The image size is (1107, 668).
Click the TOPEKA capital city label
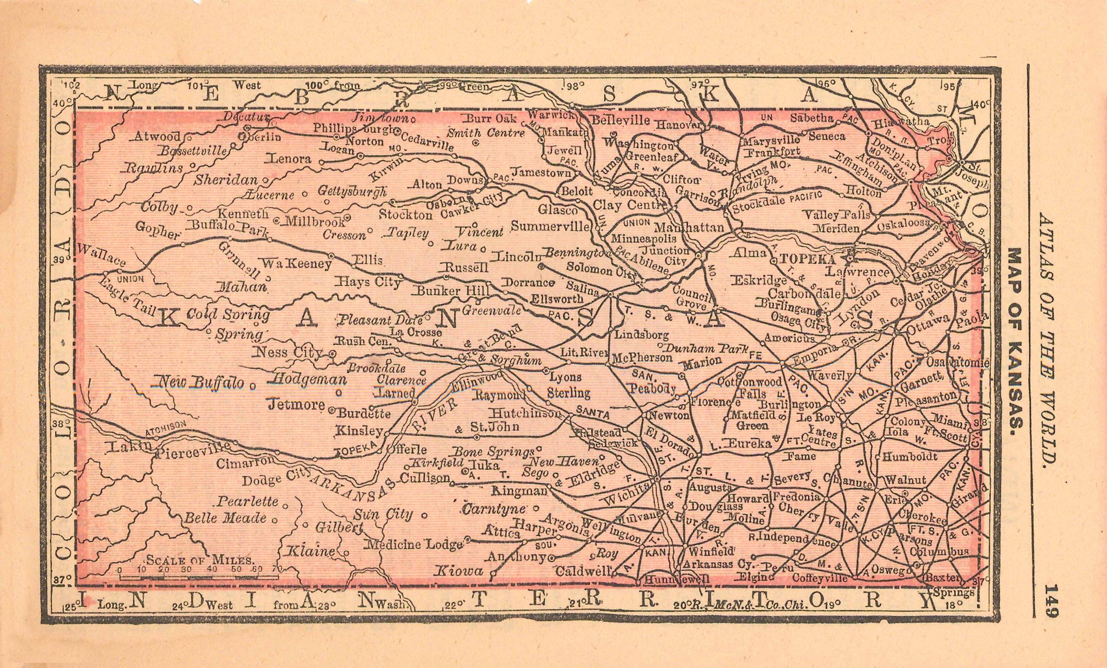[808, 259]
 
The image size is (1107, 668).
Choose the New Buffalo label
[198, 383]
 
